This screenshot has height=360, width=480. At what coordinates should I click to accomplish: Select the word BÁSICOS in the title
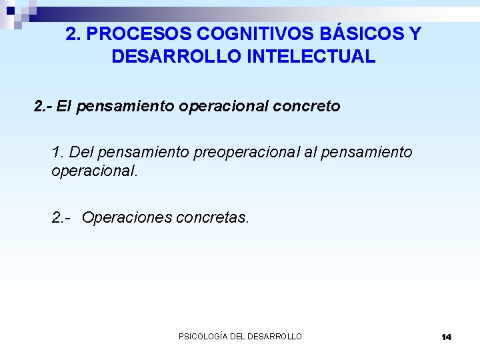click(361, 34)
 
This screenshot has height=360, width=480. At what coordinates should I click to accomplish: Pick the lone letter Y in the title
click(415, 34)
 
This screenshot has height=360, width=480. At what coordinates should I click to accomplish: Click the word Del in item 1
click(83, 152)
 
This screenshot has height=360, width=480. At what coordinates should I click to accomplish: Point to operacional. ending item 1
click(95, 171)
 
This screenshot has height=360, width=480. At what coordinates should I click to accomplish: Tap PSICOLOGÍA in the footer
click(203, 337)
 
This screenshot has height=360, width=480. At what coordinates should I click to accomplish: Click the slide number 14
click(446, 337)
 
